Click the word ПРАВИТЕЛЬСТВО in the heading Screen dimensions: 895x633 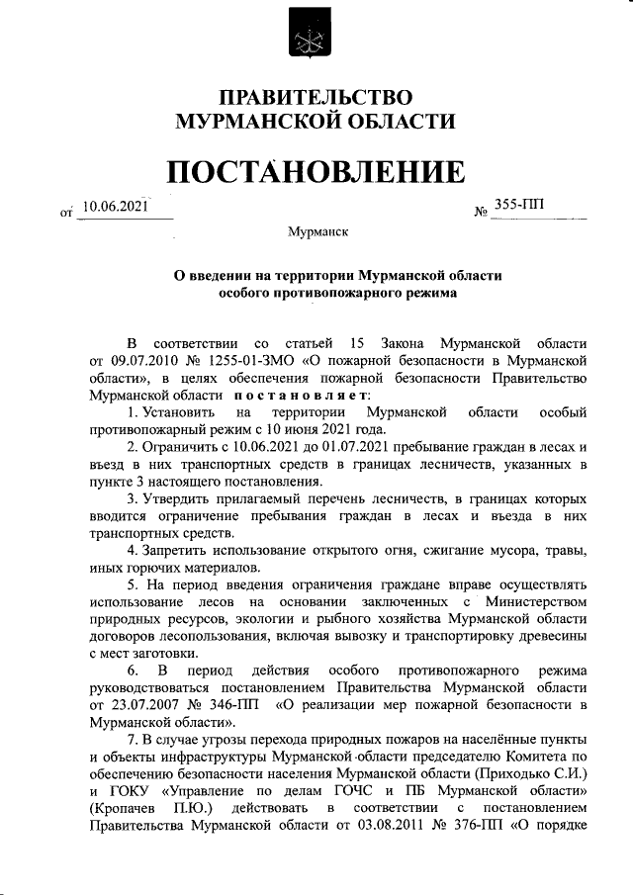[315, 97]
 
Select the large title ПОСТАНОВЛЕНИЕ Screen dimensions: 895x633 [316, 172]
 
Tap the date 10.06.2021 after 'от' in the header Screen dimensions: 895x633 [116, 206]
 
